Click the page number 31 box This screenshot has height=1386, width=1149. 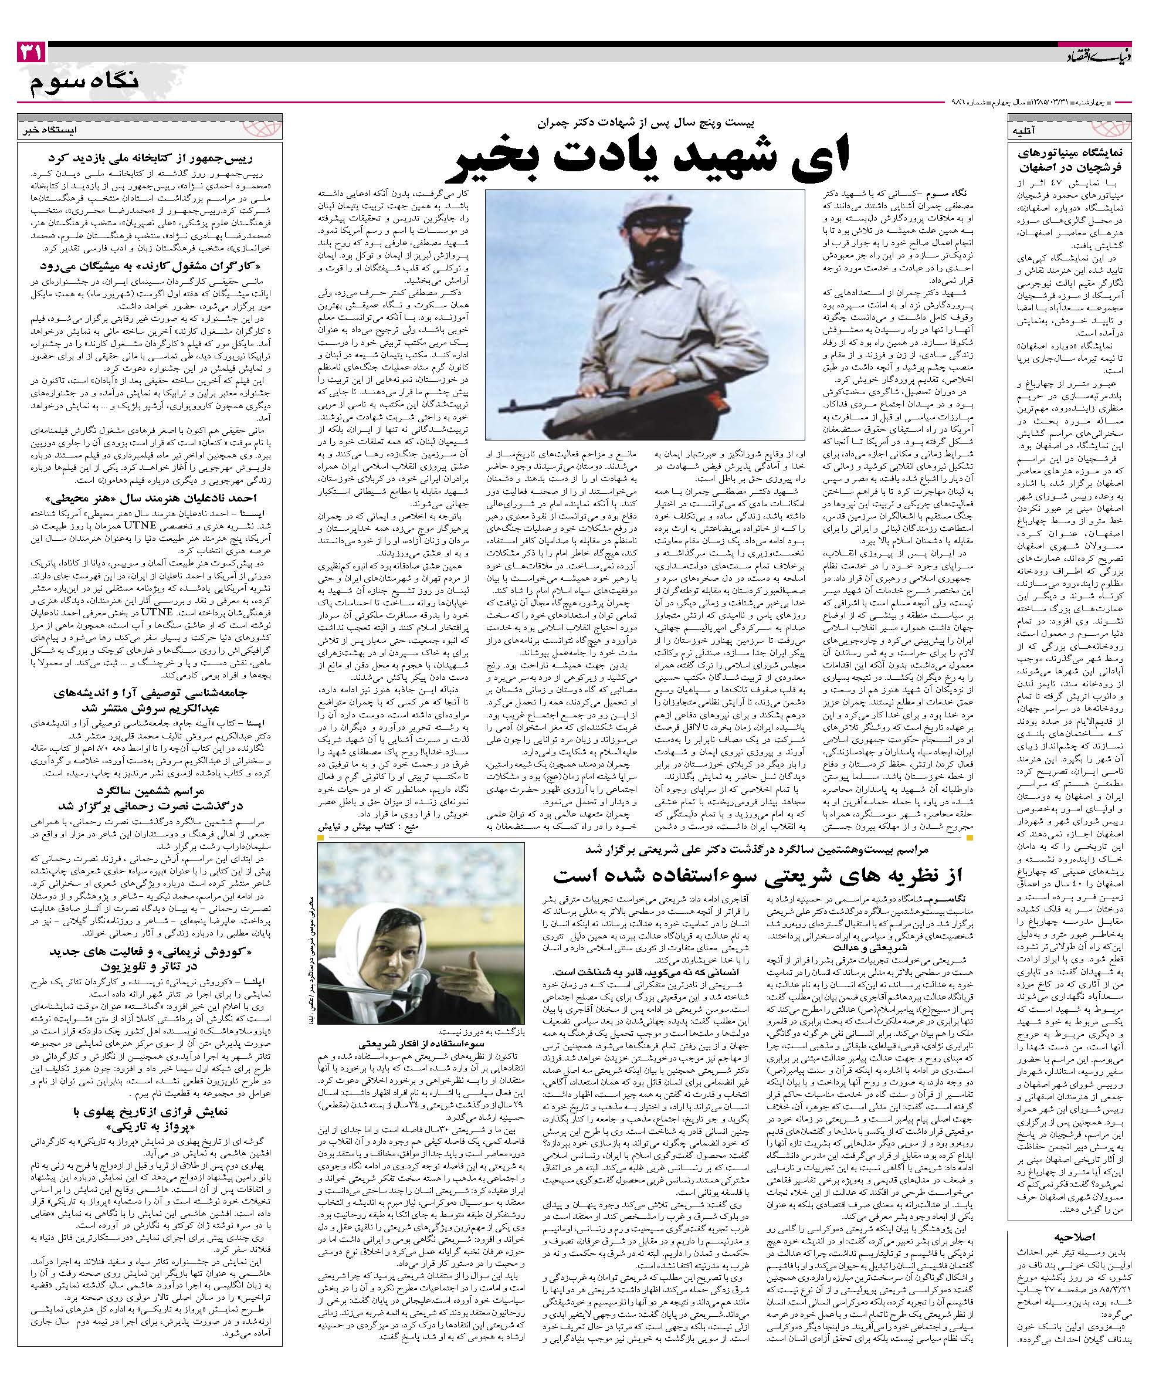(29, 53)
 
